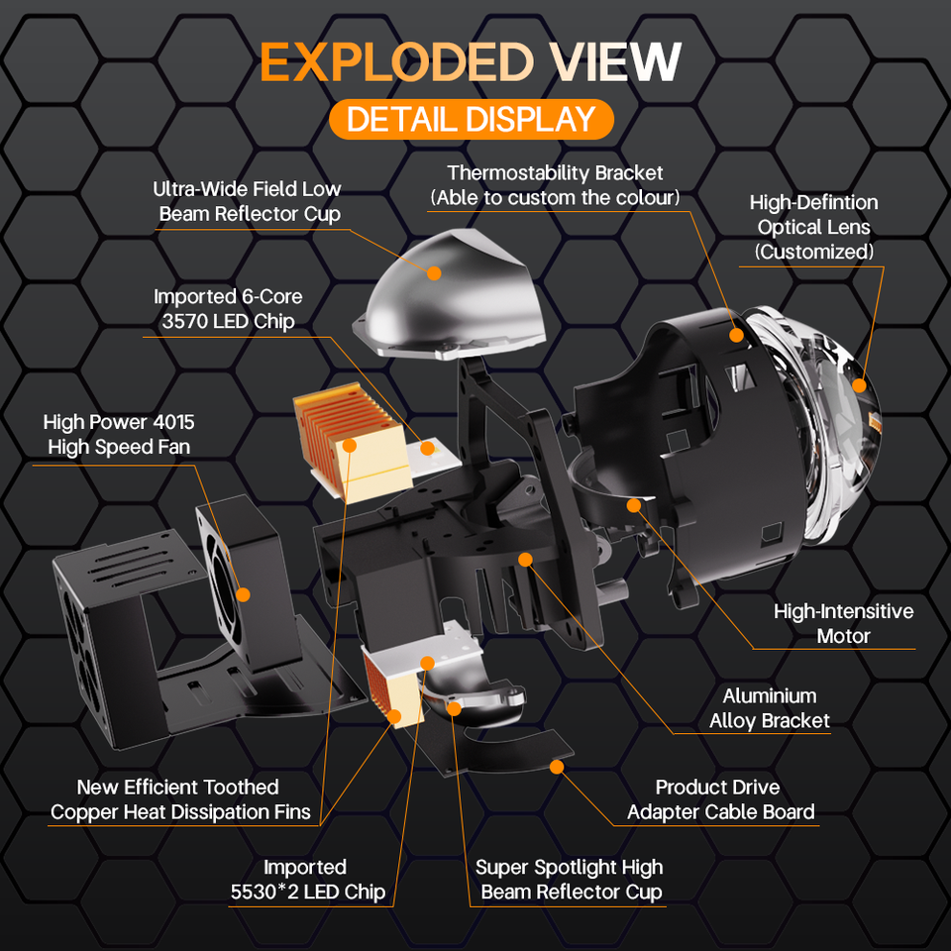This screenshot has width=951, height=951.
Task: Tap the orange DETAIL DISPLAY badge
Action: [x=471, y=119]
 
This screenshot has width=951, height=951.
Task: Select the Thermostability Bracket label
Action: [x=555, y=185]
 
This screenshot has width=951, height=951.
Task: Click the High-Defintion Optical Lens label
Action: [x=813, y=227]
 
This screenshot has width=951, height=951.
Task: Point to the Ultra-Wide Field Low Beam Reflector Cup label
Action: [x=247, y=201]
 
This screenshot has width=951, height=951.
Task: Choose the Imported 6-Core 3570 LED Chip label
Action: [x=227, y=308]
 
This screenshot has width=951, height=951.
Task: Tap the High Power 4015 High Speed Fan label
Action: [x=118, y=435]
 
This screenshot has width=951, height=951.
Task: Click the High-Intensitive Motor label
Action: [x=843, y=623]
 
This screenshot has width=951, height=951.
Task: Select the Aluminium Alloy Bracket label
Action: [x=769, y=708]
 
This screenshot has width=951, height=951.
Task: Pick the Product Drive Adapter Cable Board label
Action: [x=720, y=799]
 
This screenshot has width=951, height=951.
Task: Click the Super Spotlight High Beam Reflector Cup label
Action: [x=569, y=879]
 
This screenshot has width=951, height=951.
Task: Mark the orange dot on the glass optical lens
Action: [x=858, y=385]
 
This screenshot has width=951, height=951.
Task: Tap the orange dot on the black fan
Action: [x=241, y=593]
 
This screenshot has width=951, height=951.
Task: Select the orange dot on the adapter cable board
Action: [x=556, y=766]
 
